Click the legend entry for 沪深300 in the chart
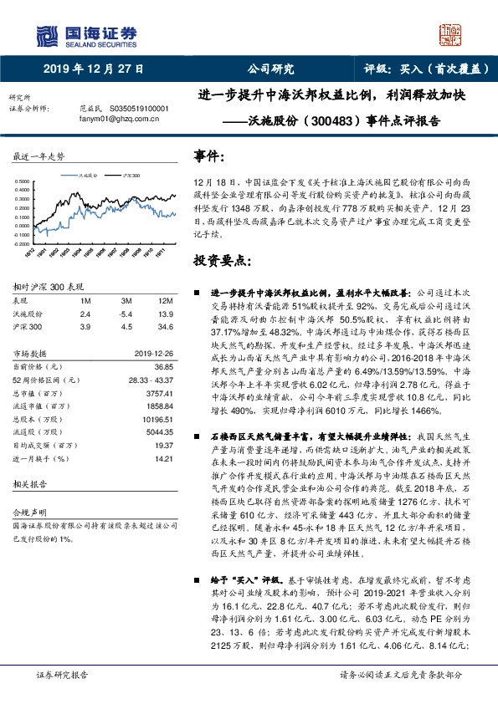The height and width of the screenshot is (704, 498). (128, 176)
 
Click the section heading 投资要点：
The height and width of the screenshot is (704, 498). (223, 261)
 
